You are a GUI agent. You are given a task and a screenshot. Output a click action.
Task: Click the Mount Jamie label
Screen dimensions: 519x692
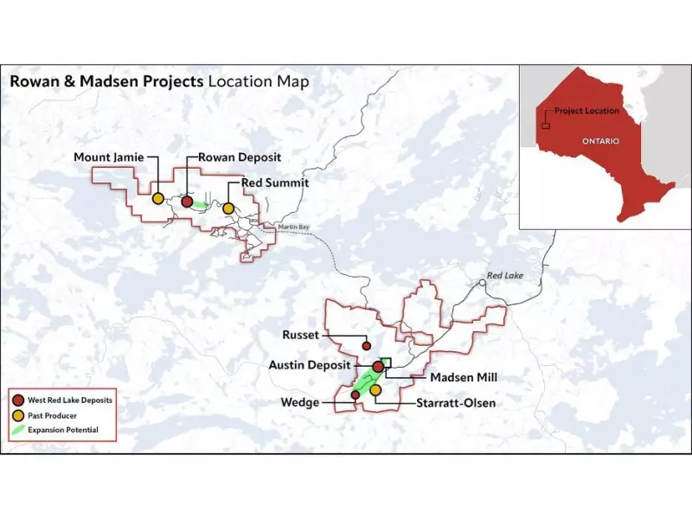108,157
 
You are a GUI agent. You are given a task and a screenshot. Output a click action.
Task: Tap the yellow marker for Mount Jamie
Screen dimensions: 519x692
158,198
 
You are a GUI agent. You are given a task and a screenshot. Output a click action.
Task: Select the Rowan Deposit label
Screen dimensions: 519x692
240,157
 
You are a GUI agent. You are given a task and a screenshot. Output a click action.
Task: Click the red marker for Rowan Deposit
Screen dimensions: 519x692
187,202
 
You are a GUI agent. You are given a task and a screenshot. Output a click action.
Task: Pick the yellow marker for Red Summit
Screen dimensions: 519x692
228,208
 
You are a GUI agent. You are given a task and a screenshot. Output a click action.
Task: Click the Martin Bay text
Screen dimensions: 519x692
292,227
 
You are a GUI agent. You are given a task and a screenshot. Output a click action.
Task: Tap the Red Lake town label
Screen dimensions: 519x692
506,276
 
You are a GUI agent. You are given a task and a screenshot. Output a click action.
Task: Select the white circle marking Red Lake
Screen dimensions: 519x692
482,282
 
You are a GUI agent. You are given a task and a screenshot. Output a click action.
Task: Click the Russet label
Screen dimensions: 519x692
301,334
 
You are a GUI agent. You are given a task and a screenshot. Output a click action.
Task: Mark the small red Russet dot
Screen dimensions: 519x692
367,345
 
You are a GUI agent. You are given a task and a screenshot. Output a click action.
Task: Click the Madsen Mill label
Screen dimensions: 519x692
465,377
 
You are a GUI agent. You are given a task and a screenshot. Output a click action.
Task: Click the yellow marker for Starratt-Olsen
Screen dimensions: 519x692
375,390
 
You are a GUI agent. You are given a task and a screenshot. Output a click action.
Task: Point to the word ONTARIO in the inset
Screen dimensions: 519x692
600,140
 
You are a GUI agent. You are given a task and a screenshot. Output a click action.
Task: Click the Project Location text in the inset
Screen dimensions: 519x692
586,111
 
